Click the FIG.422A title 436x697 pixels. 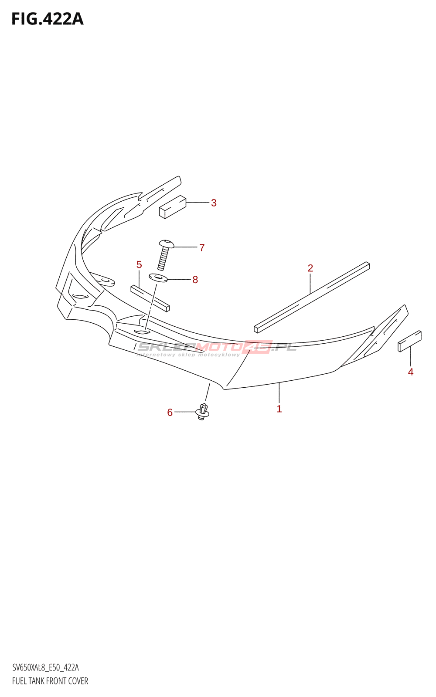pos(47,19)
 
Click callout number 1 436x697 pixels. pos(279,409)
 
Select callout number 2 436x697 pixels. pos(310,268)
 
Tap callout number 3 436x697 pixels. pos(214,203)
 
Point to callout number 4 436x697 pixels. pos(410,372)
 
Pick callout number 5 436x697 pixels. pos(139,265)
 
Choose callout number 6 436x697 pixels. pos(170,413)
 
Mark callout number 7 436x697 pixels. pos(202,248)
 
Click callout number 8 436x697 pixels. pos(195,280)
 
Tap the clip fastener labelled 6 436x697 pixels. pos(203,412)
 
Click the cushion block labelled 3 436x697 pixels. pos(173,206)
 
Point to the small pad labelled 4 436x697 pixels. pos(409,341)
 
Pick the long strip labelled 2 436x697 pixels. pos(312,297)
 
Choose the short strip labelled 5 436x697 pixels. pos(150,298)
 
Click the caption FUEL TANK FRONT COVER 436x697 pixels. pos(50,681)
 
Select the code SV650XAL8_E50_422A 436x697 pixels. pos(46,668)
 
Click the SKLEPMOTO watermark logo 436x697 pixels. pos(217,348)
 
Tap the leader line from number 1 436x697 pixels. pos(279,392)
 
